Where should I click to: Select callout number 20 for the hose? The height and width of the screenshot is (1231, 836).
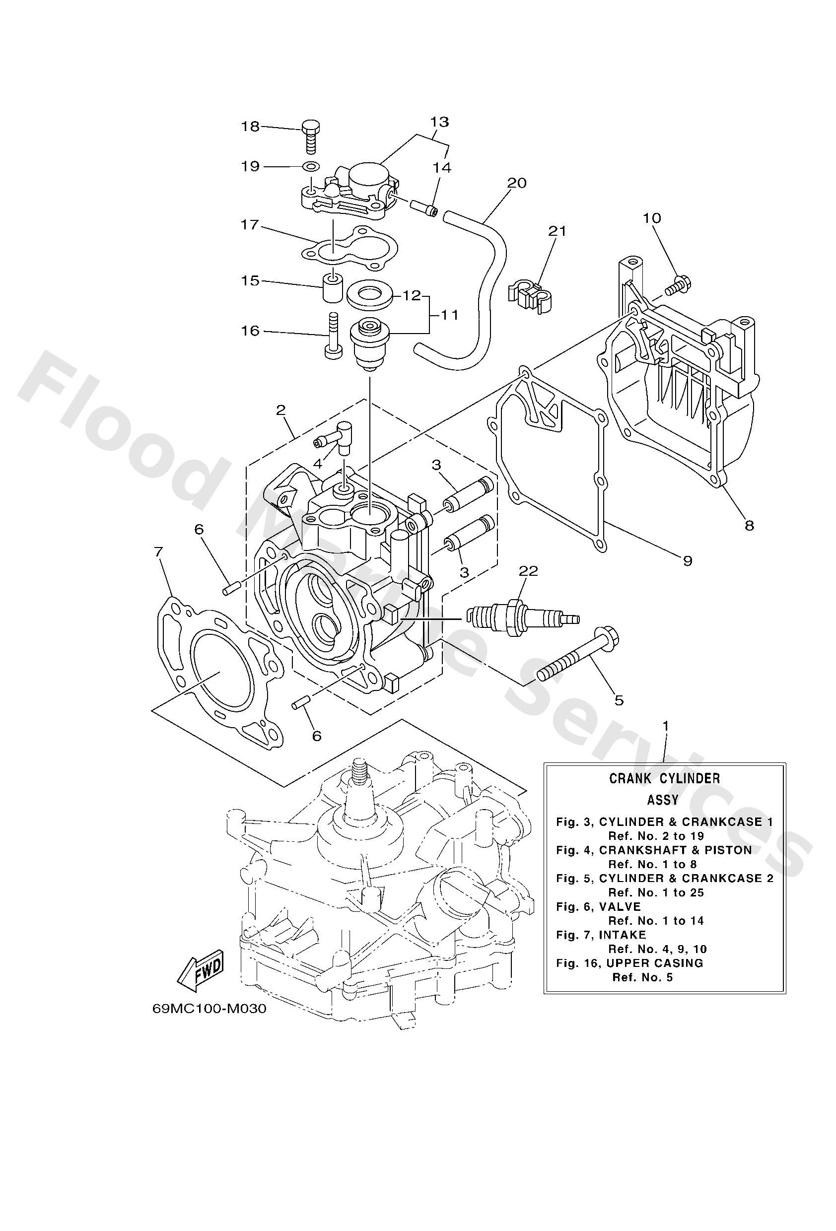[x=516, y=183]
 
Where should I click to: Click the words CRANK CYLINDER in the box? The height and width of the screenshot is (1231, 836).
[x=664, y=778]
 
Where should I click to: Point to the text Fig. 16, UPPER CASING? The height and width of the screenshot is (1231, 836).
[x=629, y=963]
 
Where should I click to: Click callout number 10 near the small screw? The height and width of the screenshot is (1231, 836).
[x=652, y=218]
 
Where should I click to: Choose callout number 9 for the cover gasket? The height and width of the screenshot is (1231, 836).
[x=687, y=560]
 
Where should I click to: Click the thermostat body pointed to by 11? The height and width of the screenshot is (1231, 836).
[x=368, y=343]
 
